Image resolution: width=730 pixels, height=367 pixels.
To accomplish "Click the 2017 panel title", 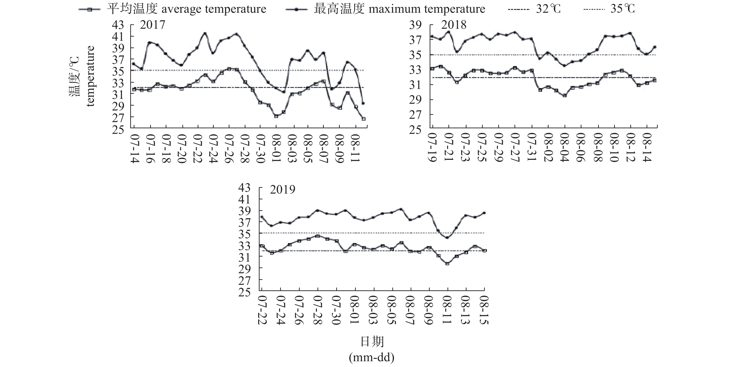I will tap(152, 25).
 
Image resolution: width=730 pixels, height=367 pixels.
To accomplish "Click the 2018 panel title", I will tap(454, 25).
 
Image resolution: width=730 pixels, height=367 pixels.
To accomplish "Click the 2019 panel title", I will tap(282, 189).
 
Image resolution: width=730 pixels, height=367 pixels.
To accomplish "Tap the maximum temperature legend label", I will tap(399, 9).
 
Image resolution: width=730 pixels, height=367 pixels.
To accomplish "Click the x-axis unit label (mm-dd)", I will tap(371, 358).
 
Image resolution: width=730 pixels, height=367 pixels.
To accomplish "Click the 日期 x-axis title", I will tap(372, 342).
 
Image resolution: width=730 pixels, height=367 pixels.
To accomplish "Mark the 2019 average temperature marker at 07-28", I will tap(318, 236).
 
